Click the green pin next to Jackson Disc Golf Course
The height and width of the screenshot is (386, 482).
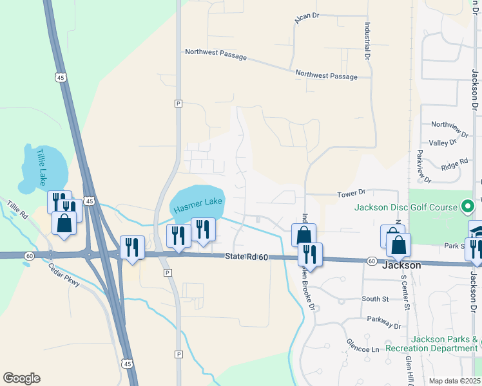[469, 207]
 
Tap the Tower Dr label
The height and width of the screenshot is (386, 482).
[352, 193]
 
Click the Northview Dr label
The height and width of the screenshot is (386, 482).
[448, 124]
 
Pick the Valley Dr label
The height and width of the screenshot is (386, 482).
[443, 142]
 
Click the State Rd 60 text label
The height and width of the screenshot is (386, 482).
[246, 257]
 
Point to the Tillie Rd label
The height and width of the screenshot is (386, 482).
[17, 208]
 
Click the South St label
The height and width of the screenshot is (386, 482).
[375, 299]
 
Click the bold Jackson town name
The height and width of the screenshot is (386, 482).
[402, 265]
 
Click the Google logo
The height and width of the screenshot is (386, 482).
[21, 378]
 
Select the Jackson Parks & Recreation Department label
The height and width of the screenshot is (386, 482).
[433, 344]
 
